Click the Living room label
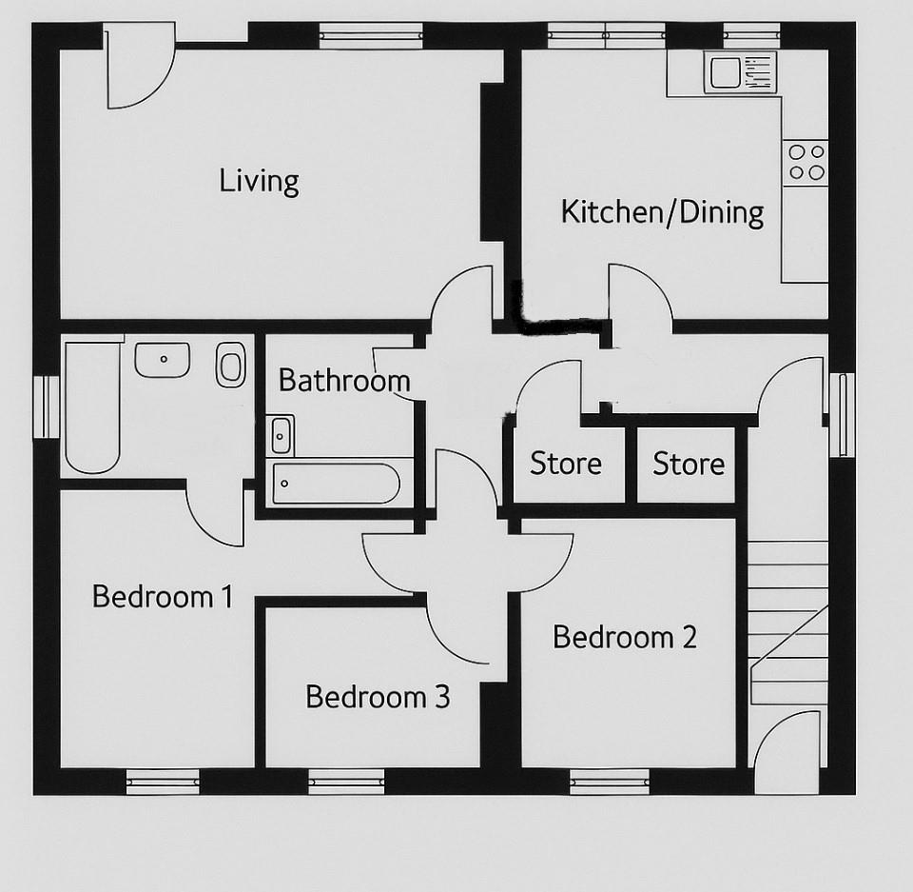(x=259, y=180)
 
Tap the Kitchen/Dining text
(x=662, y=211)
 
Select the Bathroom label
(x=343, y=381)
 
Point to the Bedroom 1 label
(x=163, y=597)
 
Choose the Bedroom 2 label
(x=625, y=636)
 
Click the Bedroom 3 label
(x=378, y=697)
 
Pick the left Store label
(x=566, y=464)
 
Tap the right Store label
(x=689, y=464)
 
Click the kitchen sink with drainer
(x=740, y=72)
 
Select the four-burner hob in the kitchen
(x=805, y=161)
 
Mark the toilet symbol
(x=231, y=364)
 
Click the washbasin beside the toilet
(x=163, y=360)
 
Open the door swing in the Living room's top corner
(x=138, y=69)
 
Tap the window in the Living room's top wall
(x=370, y=36)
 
